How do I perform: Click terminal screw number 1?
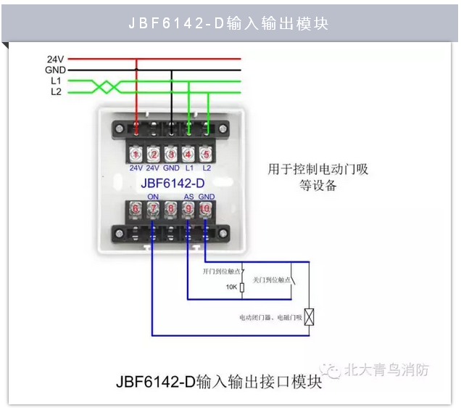point(136,155)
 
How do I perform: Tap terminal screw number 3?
point(171,155)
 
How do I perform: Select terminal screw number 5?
point(207,155)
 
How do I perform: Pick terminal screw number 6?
point(136,209)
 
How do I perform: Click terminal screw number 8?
point(171,209)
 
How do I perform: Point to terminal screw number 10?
point(207,209)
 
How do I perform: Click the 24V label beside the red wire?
point(55,58)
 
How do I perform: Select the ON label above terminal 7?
point(153,197)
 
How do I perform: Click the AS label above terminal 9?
point(188,197)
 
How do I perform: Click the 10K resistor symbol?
point(242,287)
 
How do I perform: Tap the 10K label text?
point(230,287)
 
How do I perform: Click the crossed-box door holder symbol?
point(310,317)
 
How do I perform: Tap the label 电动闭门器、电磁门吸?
point(269,318)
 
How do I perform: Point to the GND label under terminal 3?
point(171,168)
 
